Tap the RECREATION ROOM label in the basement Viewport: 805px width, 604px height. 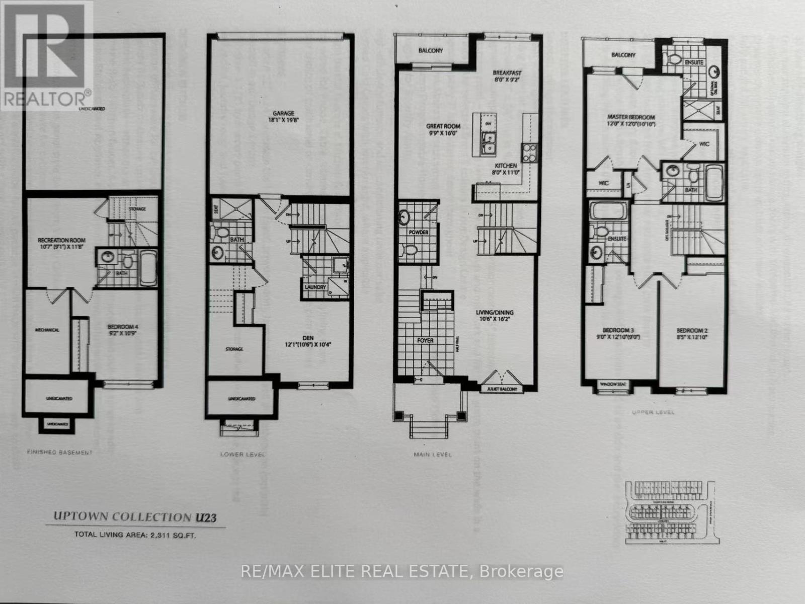click(62, 240)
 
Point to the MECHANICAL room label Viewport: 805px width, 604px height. click(47, 330)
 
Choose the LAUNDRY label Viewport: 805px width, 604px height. click(315, 287)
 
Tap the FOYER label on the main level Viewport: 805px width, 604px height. click(425, 340)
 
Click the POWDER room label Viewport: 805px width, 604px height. click(419, 232)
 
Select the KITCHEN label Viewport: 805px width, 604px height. click(506, 166)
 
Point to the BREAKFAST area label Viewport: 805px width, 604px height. click(507, 72)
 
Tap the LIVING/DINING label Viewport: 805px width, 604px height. click(495, 313)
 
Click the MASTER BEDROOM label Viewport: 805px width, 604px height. click(630, 117)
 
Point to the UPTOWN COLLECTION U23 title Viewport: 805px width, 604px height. click(135, 517)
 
